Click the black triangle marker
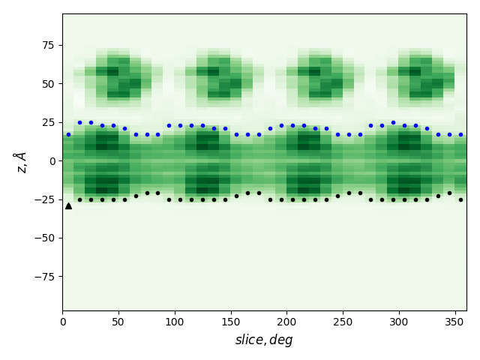tap(68, 205)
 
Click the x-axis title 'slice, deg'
tap(264, 340)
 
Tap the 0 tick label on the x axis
tap(62, 322)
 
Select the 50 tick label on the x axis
tap(118, 322)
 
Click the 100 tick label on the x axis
tap(175, 322)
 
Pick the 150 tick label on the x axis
tap(230, 322)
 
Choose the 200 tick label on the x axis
tap(286, 322)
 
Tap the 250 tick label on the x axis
tap(343, 322)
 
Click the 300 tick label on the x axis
tap(399, 322)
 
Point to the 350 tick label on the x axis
tap(454, 322)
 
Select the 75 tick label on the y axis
tap(47, 45)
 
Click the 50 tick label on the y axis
tap(47, 83)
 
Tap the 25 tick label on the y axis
tap(47, 122)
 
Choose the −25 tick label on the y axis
tap(43, 199)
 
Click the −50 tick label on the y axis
tap(43, 238)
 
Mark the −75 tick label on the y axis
tap(43, 276)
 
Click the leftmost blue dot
tap(68, 135)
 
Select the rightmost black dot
tap(460, 199)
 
